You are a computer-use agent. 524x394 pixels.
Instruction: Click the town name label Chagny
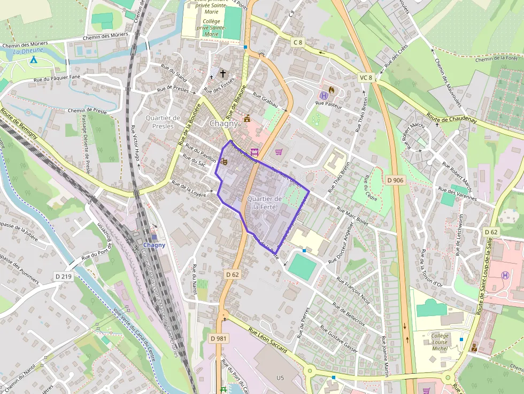pos(224,123)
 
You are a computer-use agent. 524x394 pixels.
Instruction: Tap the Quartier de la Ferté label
pos(264,203)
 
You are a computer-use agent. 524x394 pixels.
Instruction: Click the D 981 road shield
pos(219,338)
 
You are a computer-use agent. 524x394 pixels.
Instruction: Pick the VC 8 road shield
pos(366,78)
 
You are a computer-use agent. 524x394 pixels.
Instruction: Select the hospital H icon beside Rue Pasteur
pos(323,95)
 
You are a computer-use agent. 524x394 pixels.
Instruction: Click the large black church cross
pos(223,73)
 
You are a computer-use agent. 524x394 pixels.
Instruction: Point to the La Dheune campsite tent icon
pos(33,59)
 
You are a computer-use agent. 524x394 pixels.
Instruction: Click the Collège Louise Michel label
pos(440,342)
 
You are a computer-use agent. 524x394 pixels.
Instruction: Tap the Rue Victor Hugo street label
pos(136,146)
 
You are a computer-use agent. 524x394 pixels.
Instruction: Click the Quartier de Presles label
pos(163,122)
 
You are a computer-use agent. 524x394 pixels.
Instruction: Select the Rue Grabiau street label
pos(266,101)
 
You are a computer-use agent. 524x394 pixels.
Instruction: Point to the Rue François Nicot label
pos(353,289)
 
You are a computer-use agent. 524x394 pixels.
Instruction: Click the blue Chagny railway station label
pos(154,245)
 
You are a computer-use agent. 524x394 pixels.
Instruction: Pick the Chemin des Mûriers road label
pos(105,37)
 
